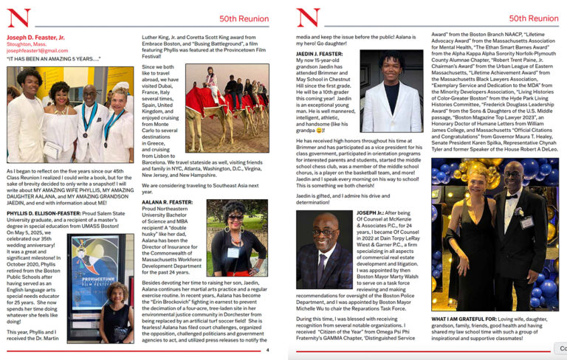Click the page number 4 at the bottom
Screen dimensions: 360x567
267,350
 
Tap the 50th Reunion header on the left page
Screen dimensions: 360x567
244,18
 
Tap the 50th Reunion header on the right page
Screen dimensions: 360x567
534,18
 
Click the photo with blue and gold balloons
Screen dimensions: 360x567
495,235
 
